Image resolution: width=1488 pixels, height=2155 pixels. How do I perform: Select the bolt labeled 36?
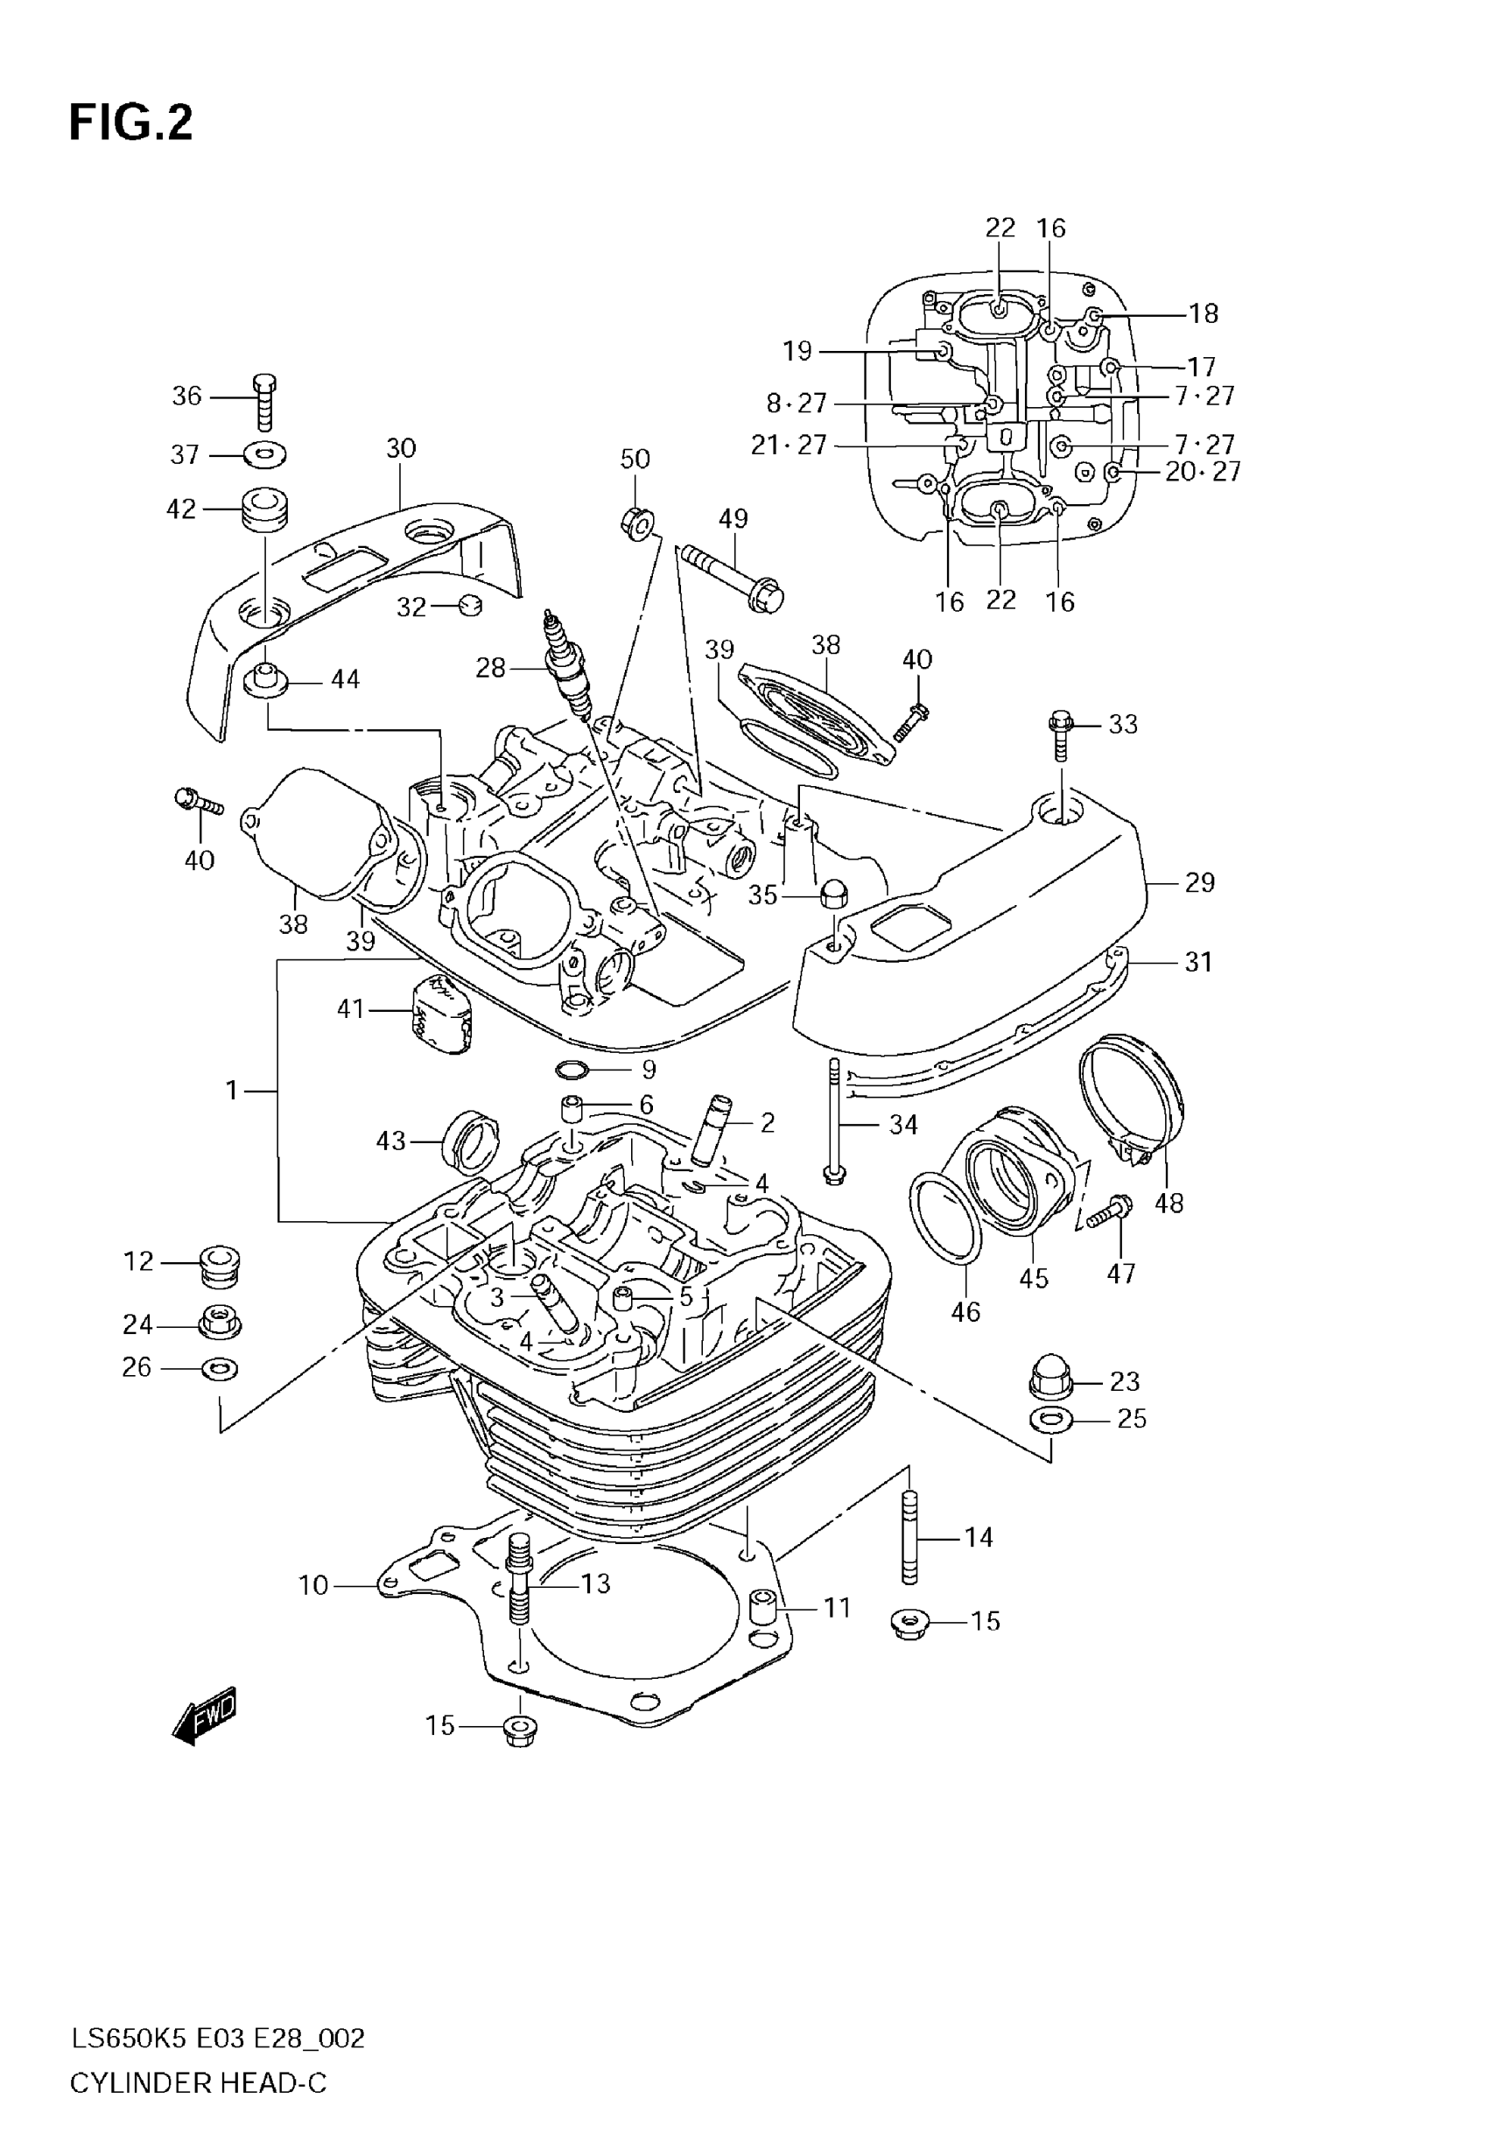click(265, 402)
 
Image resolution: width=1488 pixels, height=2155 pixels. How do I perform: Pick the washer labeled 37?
click(265, 456)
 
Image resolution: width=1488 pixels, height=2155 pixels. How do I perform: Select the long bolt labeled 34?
click(834, 1122)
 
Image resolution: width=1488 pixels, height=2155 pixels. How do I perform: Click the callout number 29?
click(1199, 882)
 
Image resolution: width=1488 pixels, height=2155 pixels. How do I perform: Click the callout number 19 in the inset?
click(797, 351)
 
